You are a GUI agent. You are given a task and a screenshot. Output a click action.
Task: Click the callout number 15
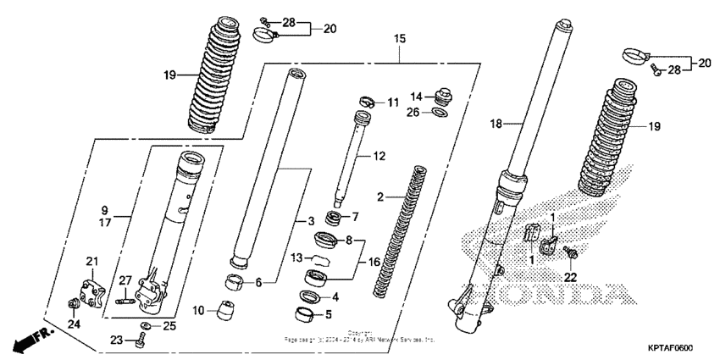tap(400, 39)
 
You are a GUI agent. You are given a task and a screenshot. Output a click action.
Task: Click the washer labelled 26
tap(438, 111)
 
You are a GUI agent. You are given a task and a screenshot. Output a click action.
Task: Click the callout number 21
tap(92, 260)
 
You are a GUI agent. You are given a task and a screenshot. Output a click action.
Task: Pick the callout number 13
tap(296, 258)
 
